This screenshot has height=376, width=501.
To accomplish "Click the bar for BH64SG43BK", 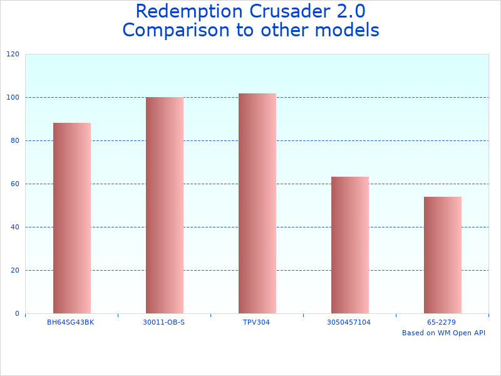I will tap(72, 218).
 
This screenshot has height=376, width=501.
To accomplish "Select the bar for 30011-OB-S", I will tap(165, 205).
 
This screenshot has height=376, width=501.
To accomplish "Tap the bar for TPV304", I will tap(257, 203).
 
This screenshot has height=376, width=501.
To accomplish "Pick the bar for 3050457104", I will tap(350, 245).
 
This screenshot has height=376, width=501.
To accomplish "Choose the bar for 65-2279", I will tap(443, 255).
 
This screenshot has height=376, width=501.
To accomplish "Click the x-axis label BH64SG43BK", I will tap(71, 322).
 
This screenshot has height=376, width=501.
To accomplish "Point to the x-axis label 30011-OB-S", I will tap(164, 322).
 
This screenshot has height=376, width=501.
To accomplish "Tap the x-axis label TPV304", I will tap(257, 322).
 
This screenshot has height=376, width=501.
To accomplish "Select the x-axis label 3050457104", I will tap(349, 322).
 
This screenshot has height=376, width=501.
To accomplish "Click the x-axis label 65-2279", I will tap(442, 322).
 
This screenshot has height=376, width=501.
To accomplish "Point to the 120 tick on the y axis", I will tap(13, 55).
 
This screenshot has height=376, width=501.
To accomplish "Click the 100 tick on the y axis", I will tap(13, 98).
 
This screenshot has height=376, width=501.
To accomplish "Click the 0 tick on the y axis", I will tap(17, 314).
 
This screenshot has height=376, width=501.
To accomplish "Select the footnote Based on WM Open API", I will tap(443, 333).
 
